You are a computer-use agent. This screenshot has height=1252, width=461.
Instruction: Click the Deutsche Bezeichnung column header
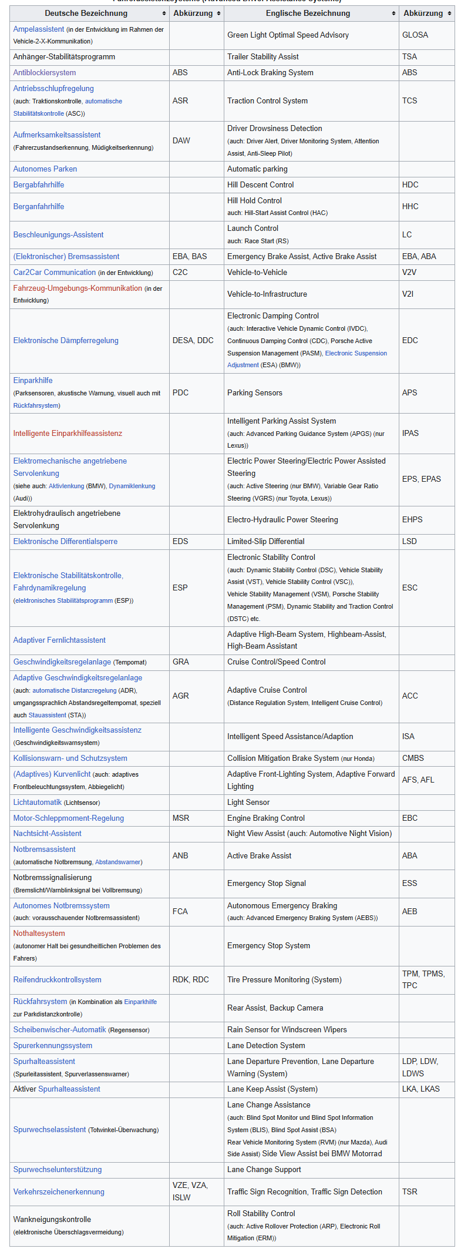[x=86, y=13]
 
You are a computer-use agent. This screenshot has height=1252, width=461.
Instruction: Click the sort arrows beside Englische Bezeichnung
[x=393, y=14]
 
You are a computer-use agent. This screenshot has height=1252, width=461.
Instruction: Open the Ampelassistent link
[x=39, y=29]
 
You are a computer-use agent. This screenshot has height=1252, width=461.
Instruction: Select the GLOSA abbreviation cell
[x=415, y=35]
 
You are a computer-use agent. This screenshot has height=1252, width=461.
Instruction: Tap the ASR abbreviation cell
[x=180, y=100]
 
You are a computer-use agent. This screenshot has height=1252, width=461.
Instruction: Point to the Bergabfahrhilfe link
[x=39, y=184]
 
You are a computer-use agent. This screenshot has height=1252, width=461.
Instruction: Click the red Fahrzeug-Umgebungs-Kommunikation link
[x=78, y=288]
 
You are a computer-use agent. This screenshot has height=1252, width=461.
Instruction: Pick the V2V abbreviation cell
[x=409, y=272]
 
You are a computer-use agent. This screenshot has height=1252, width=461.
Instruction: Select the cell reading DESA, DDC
[x=193, y=340]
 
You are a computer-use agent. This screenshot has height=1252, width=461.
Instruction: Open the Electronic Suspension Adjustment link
[x=356, y=353]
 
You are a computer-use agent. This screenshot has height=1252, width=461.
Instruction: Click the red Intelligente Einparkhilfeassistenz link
[x=68, y=433]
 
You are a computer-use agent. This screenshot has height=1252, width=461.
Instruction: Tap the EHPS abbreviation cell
[x=412, y=519]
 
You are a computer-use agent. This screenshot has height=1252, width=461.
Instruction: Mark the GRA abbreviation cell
[x=181, y=662]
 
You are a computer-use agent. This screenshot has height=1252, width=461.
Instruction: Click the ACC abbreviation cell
[x=410, y=696]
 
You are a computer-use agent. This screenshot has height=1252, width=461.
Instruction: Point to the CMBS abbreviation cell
[x=413, y=758]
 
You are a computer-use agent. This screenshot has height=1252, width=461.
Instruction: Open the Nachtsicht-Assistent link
[x=48, y=833]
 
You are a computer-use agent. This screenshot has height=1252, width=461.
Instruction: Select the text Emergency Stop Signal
[x=267, y=883]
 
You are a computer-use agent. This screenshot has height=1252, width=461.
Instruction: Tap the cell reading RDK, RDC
[x=191, y=979]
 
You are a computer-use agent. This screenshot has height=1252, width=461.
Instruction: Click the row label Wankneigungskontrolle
[x=52, y=1219]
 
